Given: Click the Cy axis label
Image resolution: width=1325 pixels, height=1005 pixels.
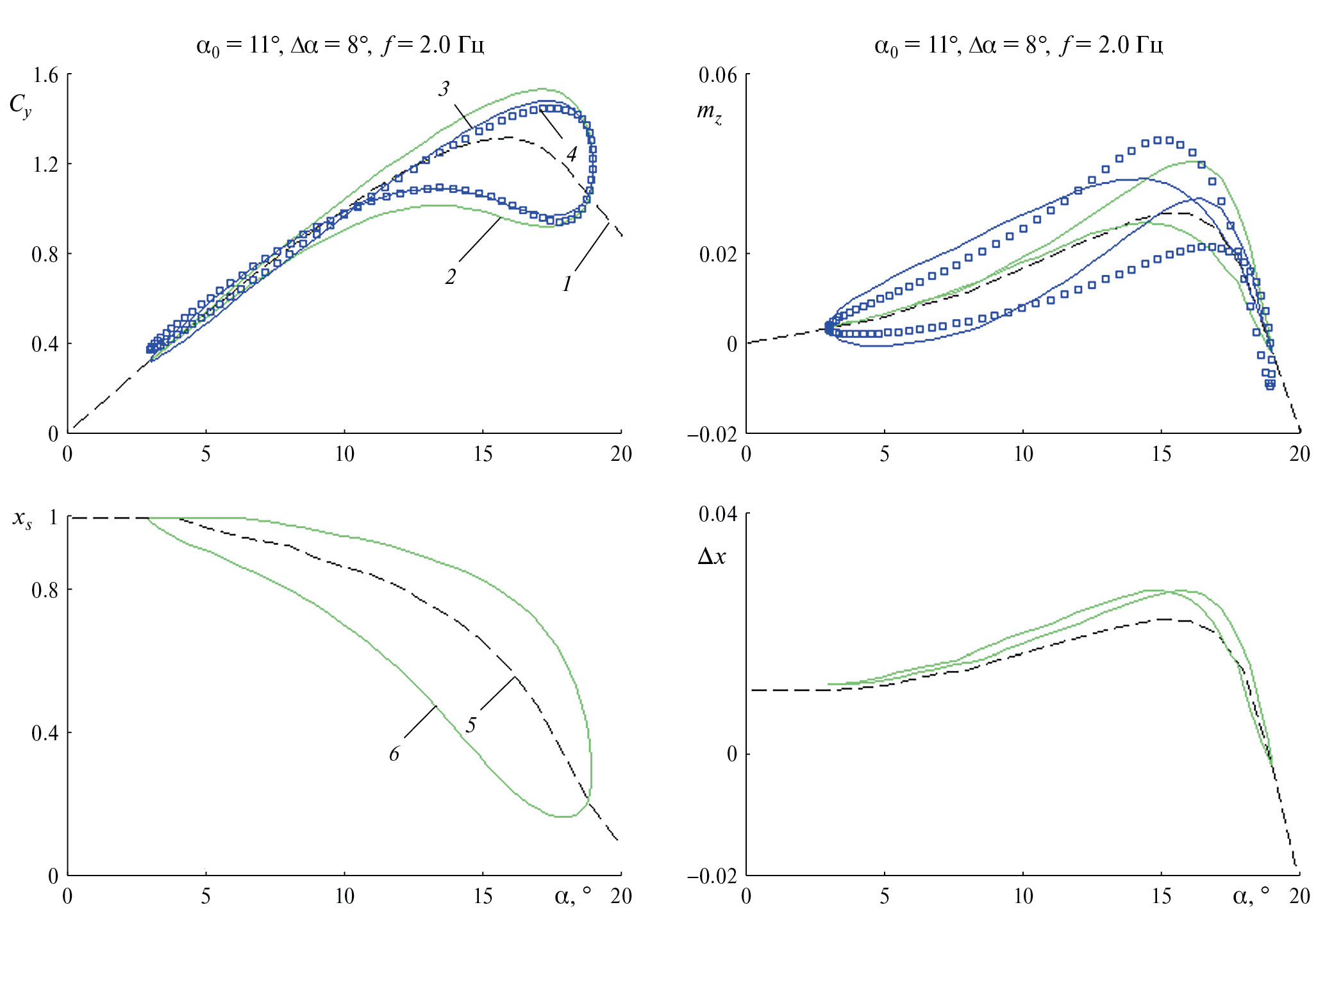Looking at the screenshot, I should (21, 106).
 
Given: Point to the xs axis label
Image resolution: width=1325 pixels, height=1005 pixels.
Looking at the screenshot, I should (22, 519).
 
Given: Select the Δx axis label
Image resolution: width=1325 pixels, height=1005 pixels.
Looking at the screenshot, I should (711, 556).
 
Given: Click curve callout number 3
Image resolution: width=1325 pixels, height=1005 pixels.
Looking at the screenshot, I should (444, 89).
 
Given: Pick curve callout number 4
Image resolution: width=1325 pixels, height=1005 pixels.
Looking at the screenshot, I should (571, 154).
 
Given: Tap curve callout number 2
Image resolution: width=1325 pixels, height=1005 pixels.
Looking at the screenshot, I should (451, 277).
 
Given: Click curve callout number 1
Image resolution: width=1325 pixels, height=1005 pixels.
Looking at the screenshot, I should (567, 284).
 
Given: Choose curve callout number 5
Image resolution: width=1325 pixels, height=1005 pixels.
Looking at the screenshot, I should (471, 726).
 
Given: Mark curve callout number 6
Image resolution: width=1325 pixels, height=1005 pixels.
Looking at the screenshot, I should (394, 754).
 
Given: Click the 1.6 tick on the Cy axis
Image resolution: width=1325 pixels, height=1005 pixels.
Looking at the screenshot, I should (45, 76).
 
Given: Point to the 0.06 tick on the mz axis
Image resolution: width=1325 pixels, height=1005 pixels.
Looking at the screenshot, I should (718, 76).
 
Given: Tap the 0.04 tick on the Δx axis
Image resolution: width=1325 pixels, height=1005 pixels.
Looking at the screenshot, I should (718, 514).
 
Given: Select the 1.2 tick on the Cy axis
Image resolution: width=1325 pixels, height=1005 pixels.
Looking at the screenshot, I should (45, 165).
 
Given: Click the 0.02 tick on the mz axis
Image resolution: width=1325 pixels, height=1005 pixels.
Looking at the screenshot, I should (718, 254).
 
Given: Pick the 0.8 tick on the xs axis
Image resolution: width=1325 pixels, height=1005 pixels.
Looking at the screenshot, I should (45, 590).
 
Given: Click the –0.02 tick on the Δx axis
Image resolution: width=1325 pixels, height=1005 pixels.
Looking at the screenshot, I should (712, 876).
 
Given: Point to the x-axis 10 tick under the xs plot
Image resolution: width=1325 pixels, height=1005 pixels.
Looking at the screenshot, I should (344, 896).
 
